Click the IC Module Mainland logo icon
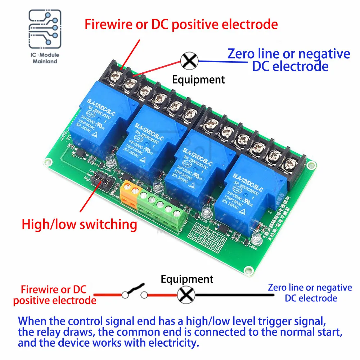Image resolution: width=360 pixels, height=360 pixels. (44, 30)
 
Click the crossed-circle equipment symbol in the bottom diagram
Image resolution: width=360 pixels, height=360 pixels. (186, 296)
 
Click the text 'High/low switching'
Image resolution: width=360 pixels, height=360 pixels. (80, 224)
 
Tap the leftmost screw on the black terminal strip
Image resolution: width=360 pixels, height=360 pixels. (117, 75)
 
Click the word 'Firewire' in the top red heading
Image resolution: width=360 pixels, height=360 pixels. (111, 24)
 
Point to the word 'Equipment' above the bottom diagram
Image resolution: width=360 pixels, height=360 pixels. (187, 279)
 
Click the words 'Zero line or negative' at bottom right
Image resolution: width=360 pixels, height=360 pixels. (310, 288)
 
